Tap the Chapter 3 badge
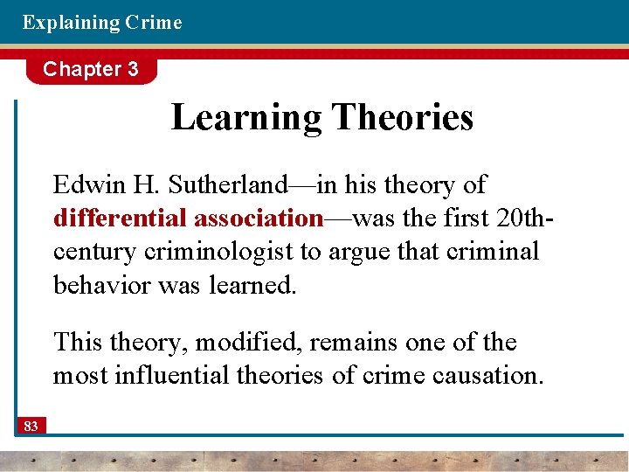tap(91, 70)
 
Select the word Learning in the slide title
tap(247, 116)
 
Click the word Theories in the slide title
tap(404, 116)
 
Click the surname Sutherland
tap(228, 184)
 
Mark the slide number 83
tap(31, 426)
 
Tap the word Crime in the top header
tap(154, 23)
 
